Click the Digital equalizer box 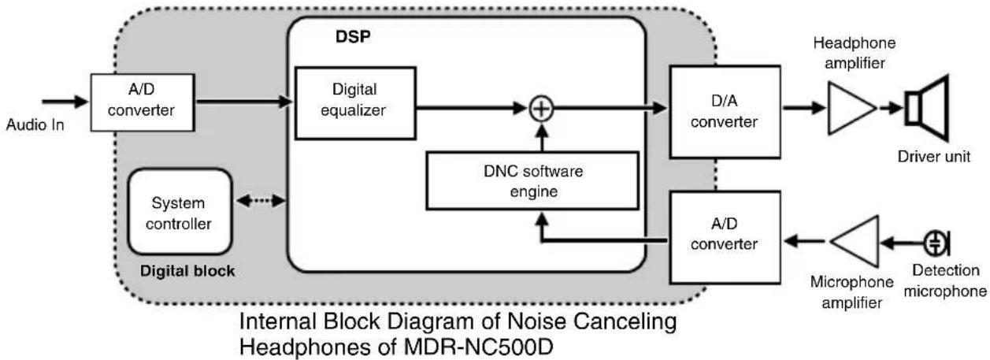point(355,102)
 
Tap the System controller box point(181,213)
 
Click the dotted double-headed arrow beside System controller point(260,202)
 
